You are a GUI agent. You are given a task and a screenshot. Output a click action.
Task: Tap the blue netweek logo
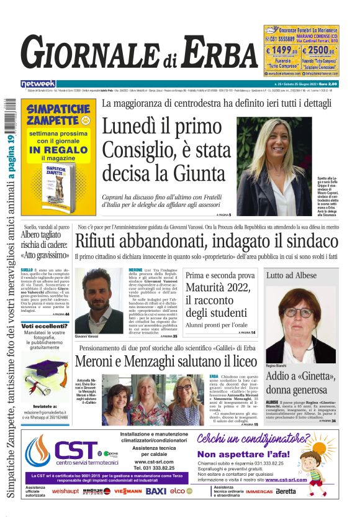38,83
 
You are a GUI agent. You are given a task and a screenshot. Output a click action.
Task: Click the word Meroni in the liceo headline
102,361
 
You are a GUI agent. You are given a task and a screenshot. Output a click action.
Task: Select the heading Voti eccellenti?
45,325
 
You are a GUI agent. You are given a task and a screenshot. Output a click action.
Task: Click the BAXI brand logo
156,491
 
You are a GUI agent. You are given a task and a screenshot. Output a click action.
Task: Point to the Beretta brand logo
286,491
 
